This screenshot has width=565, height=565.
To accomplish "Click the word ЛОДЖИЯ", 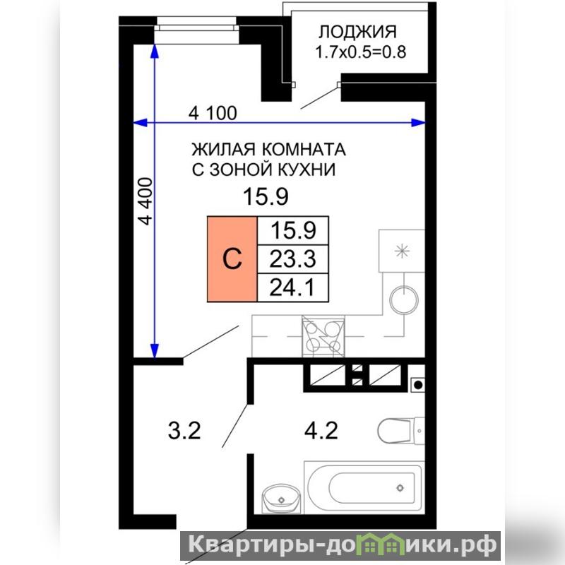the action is click(357, 32).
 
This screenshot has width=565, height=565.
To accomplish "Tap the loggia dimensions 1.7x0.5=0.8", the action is click(360, 52).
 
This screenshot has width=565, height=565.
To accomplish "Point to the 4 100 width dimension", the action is click(213, 113).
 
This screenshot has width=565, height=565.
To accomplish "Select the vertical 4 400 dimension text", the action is click(146, 201).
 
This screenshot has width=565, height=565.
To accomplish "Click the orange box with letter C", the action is click(232, 258).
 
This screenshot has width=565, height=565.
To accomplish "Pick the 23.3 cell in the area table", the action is click(292, 259).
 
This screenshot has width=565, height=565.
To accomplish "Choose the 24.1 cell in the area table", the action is click(292, 287).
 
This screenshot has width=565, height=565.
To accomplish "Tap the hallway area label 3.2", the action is click(184, 431).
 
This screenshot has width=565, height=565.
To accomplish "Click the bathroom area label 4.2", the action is click(321, 431).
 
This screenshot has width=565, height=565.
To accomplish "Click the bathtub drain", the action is click(400, 488).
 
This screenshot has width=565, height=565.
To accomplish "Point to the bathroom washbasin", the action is click(281, 499).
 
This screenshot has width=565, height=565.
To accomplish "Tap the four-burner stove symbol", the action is click(323, 336).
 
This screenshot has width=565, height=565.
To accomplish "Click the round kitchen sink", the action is click(404, 299).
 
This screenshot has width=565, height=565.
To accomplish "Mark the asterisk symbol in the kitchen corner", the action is click(402, 251).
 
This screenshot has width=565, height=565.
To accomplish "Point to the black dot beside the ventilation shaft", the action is click(418, 385).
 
